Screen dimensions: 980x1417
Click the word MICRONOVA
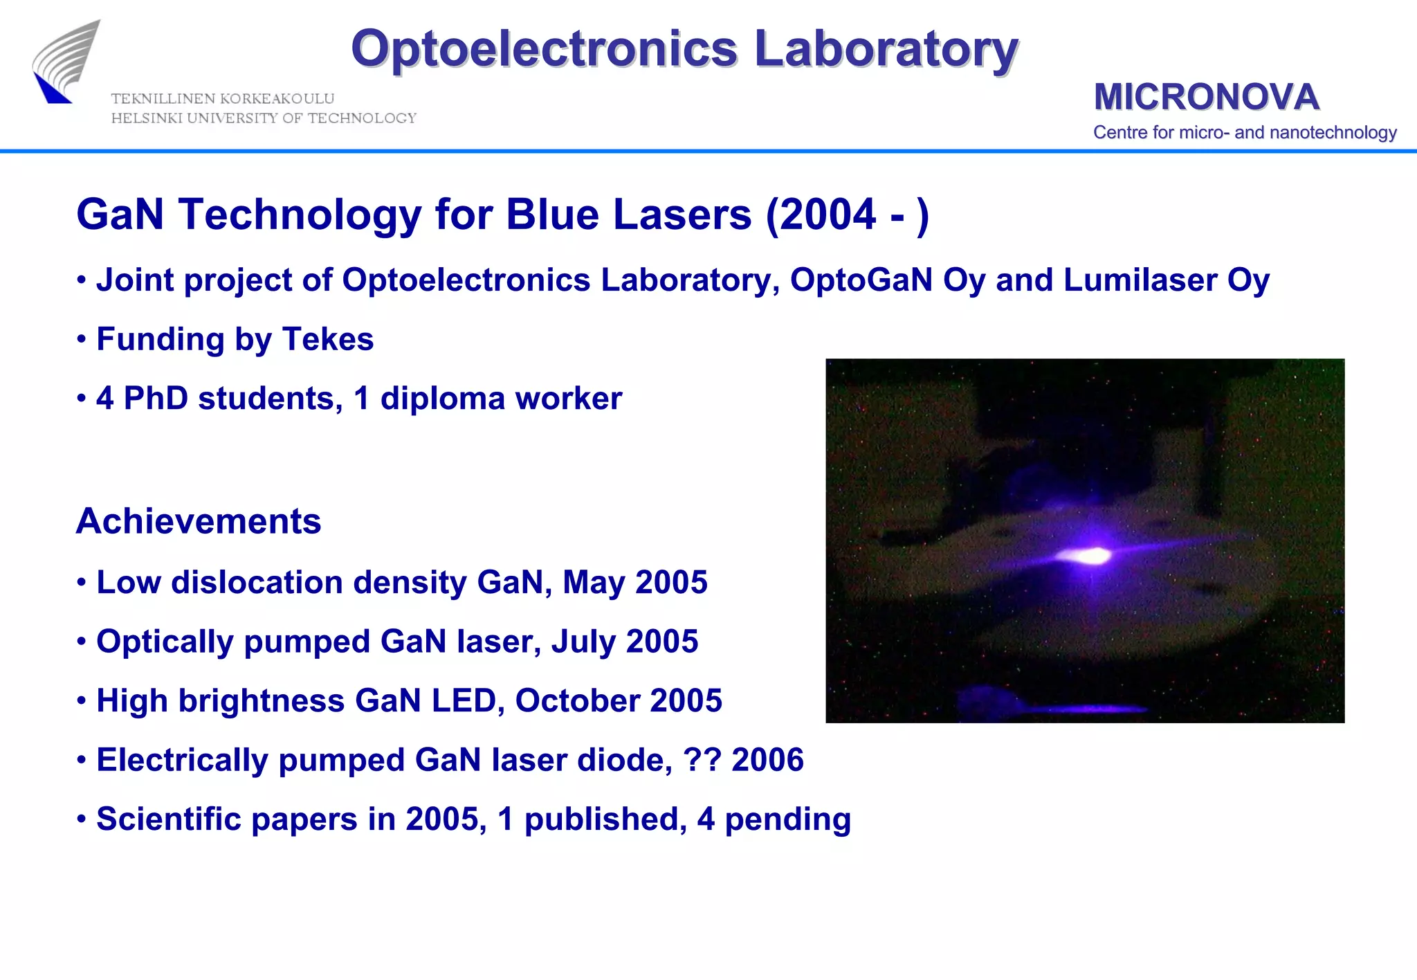tap(1206, 96)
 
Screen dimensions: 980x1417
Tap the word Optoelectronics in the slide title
tap(544, 49)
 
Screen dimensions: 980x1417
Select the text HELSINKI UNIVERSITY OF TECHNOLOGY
tap(264, 118)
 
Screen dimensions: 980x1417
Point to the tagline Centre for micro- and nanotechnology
tap(1244, 132)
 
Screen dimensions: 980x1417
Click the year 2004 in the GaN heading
tap(828, 215)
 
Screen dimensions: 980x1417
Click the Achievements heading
tap(199, 521)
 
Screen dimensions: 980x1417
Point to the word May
tap(594, 583)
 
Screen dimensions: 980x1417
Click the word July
tap(583, 642)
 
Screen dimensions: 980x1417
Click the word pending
tap(787, 819)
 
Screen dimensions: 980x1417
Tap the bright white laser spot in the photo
tap(1089, 555)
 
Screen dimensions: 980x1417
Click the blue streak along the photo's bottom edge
tap(1079, 709)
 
